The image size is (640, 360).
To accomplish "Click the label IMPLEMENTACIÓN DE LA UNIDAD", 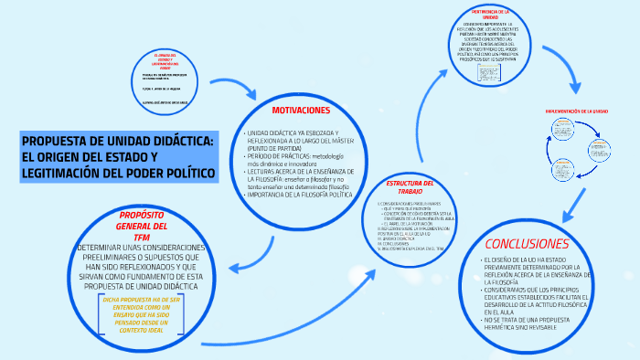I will pos(577,111).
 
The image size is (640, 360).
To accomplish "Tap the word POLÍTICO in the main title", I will pos(183,173).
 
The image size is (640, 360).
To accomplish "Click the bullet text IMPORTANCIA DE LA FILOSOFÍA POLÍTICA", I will pos(298,195).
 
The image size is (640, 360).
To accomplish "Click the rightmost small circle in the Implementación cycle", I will pos(600,145).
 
